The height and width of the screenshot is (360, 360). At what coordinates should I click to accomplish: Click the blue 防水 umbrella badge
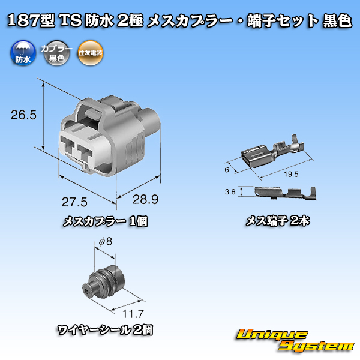(23, 53)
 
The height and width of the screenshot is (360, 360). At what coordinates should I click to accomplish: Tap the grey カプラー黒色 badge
(57, 53)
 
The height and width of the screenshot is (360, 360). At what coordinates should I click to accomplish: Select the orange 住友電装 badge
(90, 53)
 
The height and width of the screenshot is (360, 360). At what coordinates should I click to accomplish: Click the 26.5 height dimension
(23, 115)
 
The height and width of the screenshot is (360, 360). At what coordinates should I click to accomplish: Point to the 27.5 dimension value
(74, 202)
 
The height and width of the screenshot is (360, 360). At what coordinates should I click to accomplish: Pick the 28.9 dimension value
(145, 199)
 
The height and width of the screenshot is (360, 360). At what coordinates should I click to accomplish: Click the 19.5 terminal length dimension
(291, 174)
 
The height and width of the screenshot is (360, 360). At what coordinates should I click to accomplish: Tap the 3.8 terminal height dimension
(230, 192)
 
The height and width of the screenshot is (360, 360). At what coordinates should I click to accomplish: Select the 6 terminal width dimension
(227, 170)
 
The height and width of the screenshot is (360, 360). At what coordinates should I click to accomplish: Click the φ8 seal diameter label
(106, 242)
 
